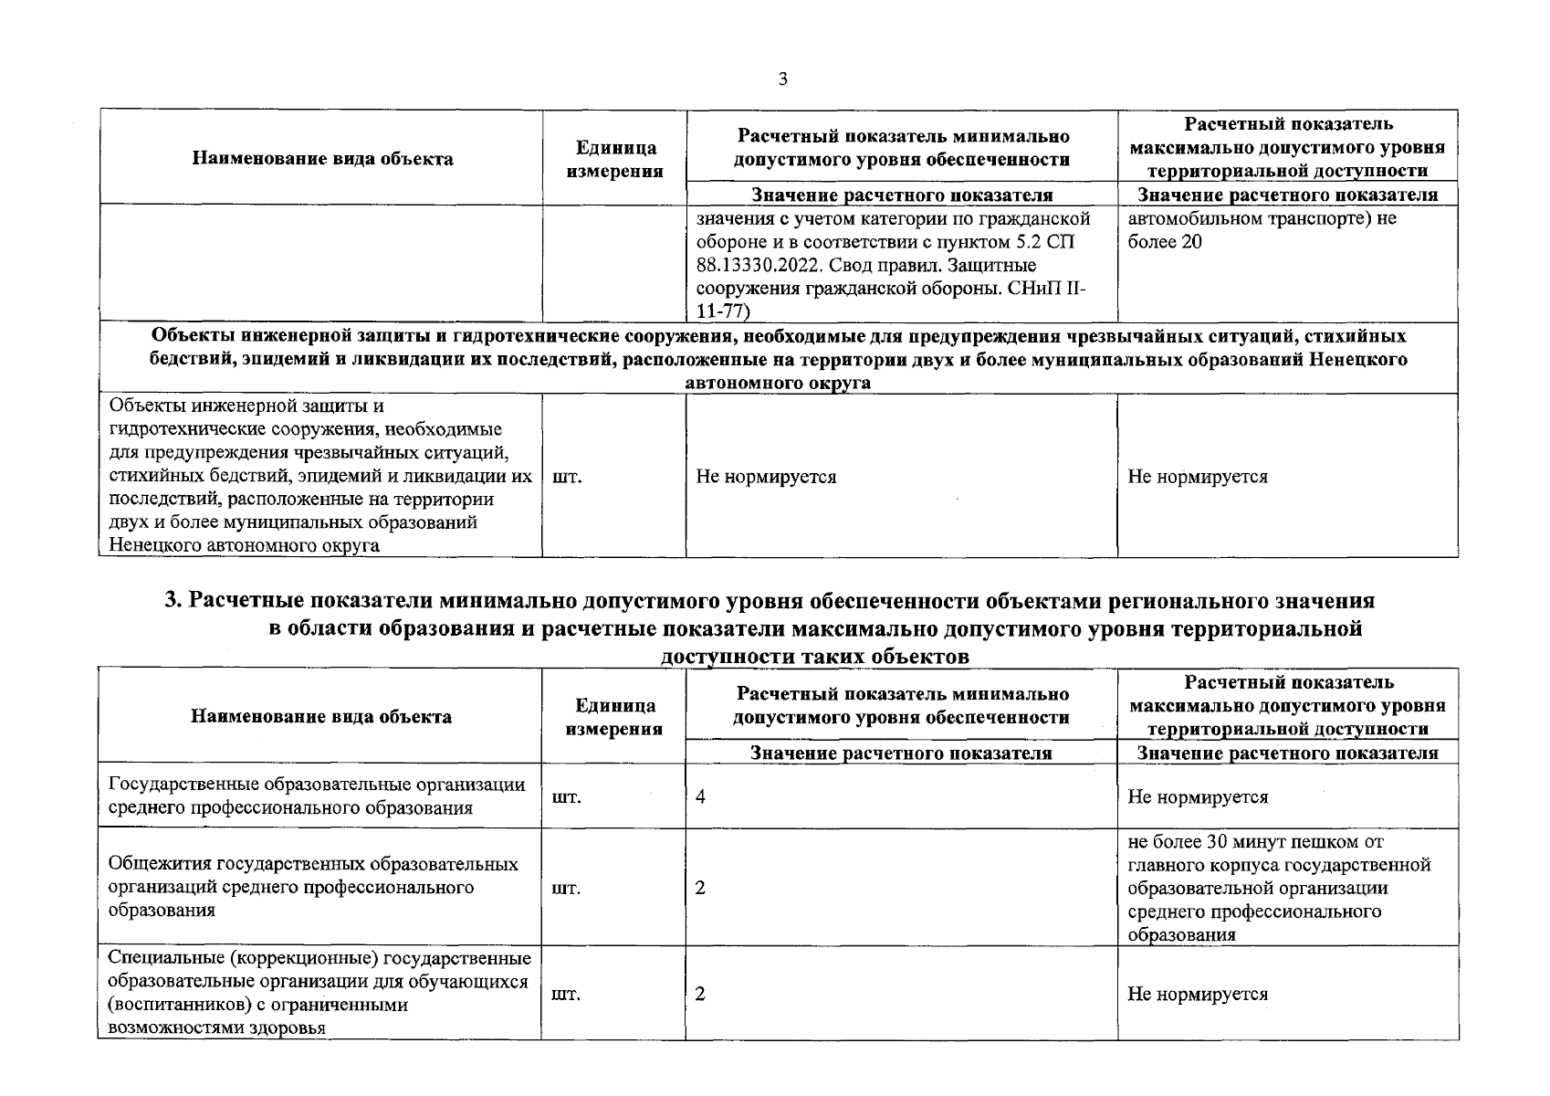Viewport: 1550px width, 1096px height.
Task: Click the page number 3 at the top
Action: click(x=782, y=79)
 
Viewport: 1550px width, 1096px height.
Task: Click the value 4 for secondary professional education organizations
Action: click(x=700, y=796)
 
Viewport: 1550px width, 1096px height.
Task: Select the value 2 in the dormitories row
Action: click(x=700, y=888)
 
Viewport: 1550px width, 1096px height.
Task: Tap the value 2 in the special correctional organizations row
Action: click(x=700, y=994)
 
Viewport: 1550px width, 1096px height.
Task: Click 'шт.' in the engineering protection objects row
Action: click(x=568, y=477)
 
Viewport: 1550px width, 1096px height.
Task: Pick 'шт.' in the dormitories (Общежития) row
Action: click(x=567, y=888)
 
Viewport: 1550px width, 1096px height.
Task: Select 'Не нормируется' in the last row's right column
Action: click(x=1198, y=994)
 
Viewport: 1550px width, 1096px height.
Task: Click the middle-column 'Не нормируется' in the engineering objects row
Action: click(x=766, y=477)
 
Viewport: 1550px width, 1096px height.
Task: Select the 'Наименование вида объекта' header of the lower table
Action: click(x=320, y=716)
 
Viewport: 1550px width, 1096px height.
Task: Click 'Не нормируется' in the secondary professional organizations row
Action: click(x=1198, y=796)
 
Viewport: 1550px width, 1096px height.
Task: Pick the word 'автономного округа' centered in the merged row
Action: click(x=778, y=383)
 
